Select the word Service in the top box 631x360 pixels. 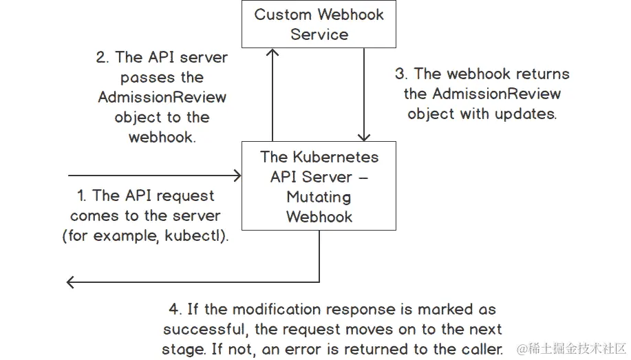pyautogui.click(x=319, y=34)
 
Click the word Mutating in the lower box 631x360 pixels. pyautogui.click(x=319, y=197)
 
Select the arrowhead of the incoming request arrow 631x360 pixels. pyautogui.click(x=237, y=176)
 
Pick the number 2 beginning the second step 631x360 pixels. pyautogui.click(x=101, y=57)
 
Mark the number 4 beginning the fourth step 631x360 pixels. pyautogui.click(x=173, y=310)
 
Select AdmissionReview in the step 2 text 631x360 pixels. pyautogui.click(x=162, y=97)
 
